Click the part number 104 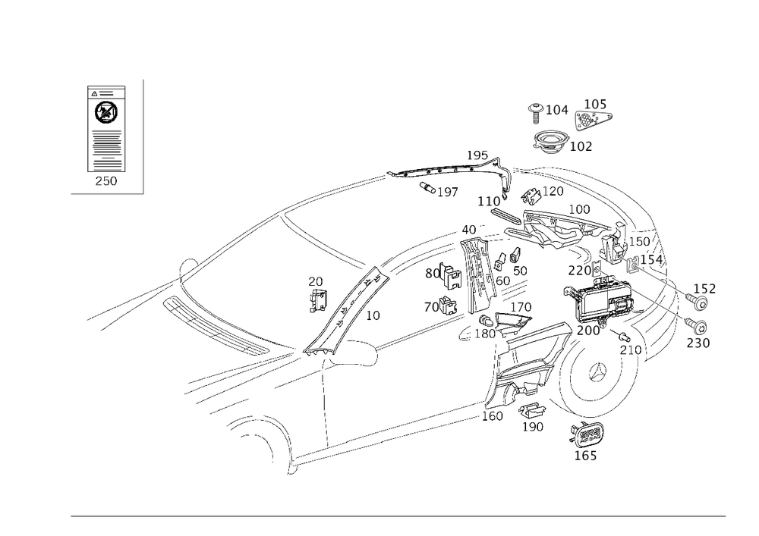pyautogui.click(x=559, y=111)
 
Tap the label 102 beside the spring pyautogui.click(x=582, y=146)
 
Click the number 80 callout pyautogui.click(x=433, y=274)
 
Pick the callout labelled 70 pyautogui.click(x=433, y=308)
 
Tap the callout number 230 pyautogui.click(x=697, y=343)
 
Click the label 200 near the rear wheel pyautogui.click(x=587, y=332)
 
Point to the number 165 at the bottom pyautogui.click(x=586, y=456)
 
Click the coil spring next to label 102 pyautogui.click(x=550, y=141)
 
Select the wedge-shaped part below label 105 pyautogui.click(x=593, y=118)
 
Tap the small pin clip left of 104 pyautogui.click(x=535, y=111)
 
